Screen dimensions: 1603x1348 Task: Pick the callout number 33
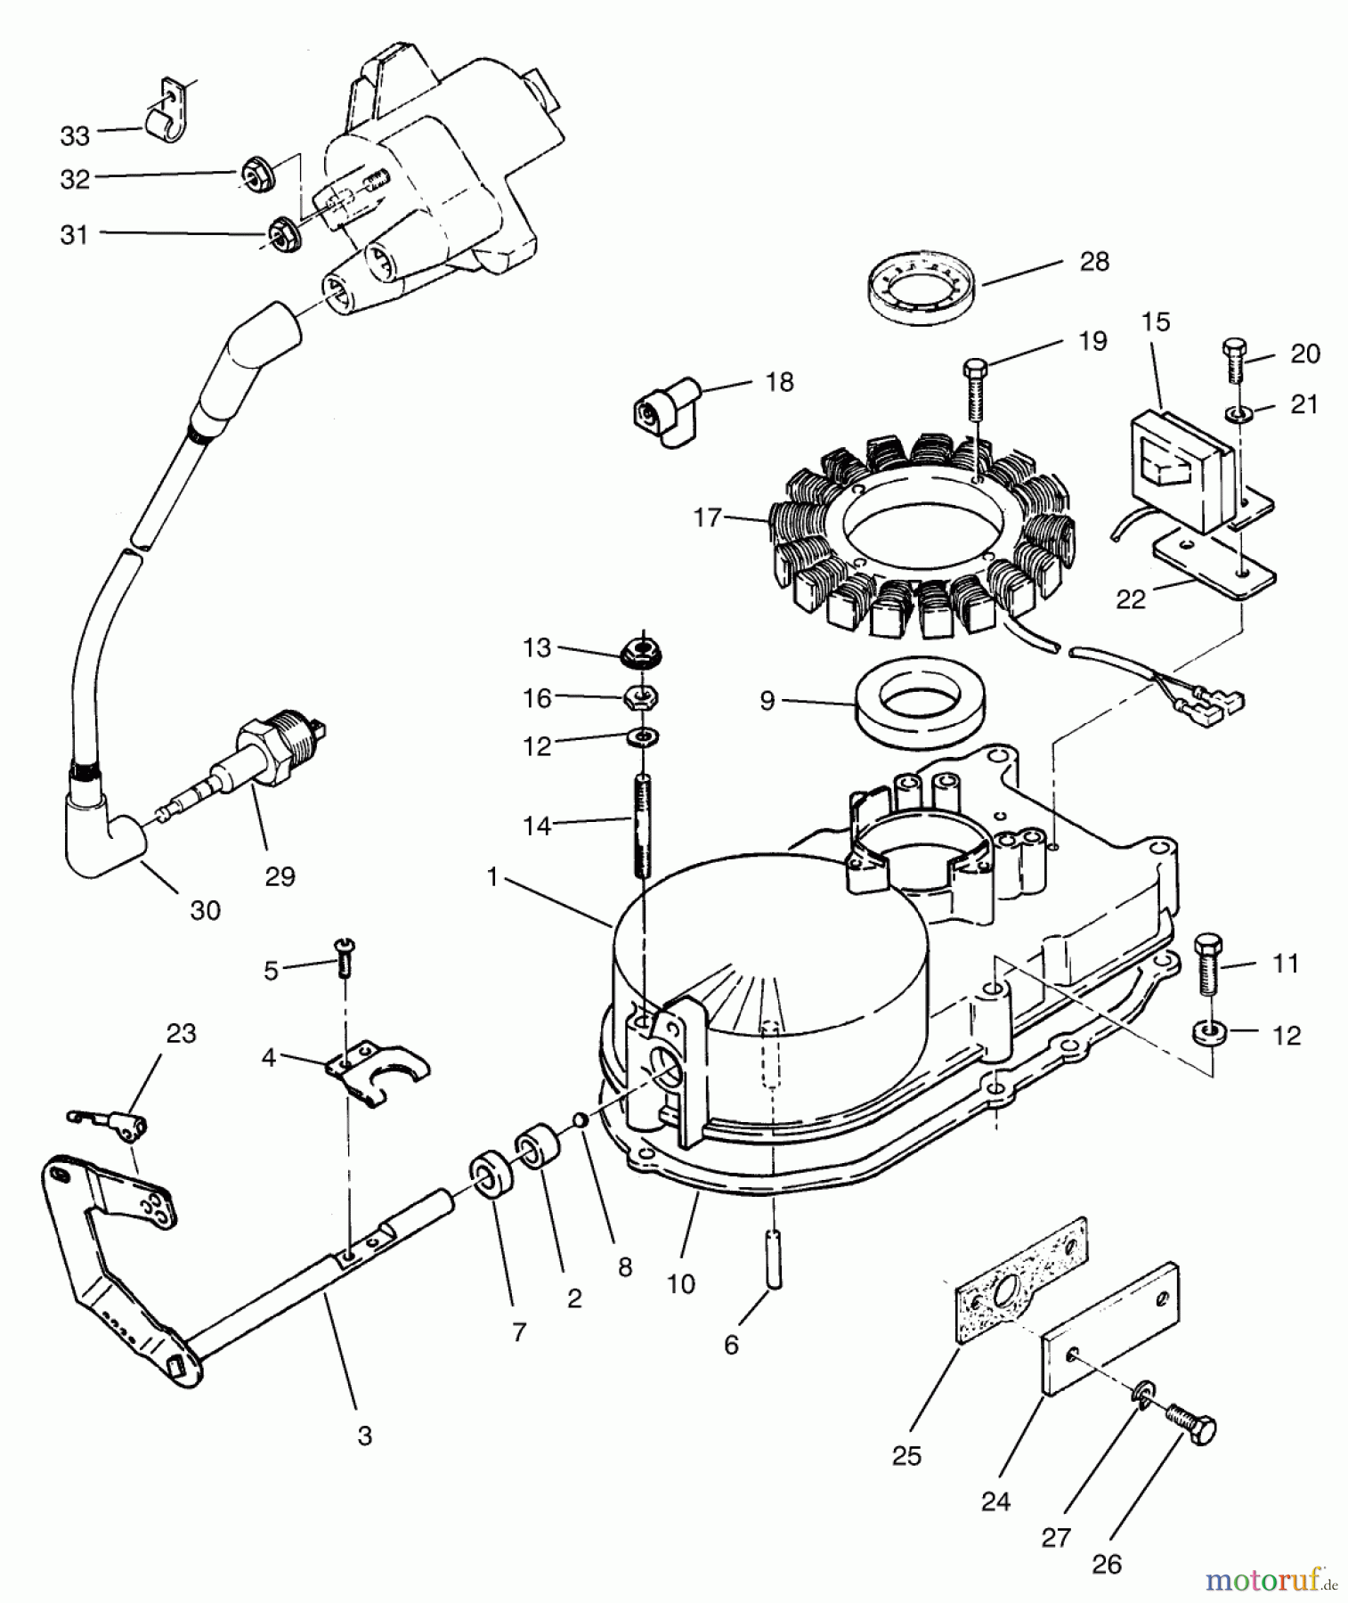pyautogui.click(x=75, y=136)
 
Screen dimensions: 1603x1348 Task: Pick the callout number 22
pyautogui.click(x=1131, y=599)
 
